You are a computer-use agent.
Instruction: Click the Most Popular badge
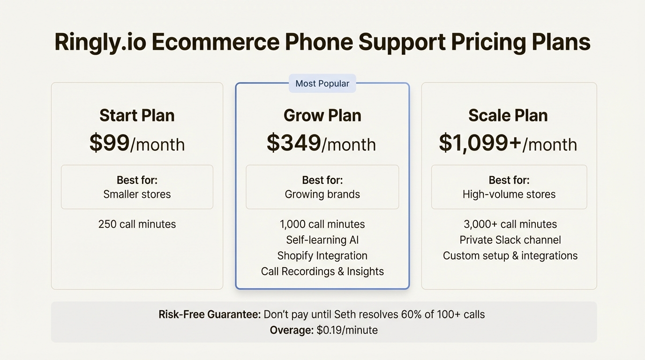point(322,83)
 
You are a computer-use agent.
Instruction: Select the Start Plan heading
point(137,115)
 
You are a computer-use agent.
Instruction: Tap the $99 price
point(110,143)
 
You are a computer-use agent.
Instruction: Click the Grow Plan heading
point(322,115)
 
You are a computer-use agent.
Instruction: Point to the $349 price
point(294,143)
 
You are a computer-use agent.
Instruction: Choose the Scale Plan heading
point(508,115)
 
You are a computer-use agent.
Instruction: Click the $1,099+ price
point(480,143)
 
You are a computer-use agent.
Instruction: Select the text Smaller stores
point(137,194)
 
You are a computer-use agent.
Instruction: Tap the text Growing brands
point(322,194)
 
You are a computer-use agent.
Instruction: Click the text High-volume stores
point(509,194)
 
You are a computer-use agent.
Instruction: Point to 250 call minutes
point(137,224)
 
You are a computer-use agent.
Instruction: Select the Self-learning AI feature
point(322,240)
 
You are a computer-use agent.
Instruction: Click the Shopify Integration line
point(322,255)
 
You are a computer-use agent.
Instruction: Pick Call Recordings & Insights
point(322,271)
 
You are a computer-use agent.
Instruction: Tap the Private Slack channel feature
point(510,240)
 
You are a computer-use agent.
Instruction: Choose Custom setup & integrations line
point(510,255)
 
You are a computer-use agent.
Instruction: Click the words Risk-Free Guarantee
point(210,314)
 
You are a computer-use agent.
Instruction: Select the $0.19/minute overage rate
point(347,330)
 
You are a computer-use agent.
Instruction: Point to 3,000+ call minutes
point(510,224)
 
